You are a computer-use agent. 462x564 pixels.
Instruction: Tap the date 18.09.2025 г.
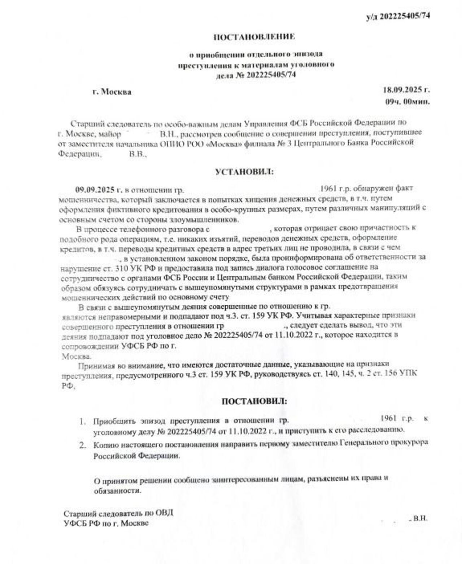(x=406, y=90)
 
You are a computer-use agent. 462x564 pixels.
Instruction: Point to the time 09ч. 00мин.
(x=407, y=102)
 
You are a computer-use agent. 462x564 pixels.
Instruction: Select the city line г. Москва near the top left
(x=112, y=92)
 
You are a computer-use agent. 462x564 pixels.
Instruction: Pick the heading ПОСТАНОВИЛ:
(x=254, y=401)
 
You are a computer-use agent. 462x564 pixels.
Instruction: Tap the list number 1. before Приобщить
(x=83, y=421)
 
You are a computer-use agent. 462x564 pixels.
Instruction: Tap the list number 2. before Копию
(x=83, y=445)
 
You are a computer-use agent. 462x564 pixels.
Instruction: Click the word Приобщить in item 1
(x=114, y=421)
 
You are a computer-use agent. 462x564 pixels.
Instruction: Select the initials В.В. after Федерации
(x=138, y=154)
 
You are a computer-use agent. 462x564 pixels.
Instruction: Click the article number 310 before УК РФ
(x=120, y=269)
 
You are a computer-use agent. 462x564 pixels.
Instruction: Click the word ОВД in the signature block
(x=164, y=512)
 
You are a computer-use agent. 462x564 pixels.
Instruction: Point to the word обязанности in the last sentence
(x=117, y=491)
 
